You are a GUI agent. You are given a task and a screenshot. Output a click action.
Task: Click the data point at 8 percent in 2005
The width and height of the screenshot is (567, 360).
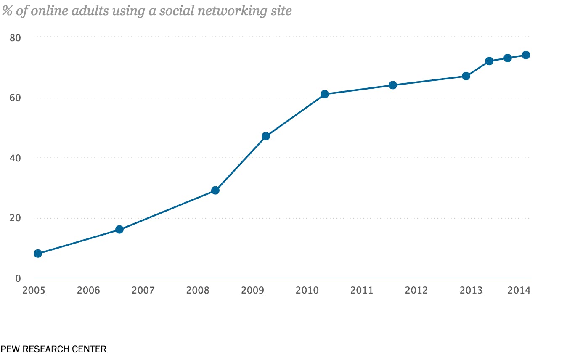click(x=38, y=253)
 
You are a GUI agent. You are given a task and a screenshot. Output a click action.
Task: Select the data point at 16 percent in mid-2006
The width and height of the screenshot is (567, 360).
click(x=119, y=229)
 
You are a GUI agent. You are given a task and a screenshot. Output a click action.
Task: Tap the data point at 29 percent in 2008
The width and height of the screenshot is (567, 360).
click(x=215, y=190)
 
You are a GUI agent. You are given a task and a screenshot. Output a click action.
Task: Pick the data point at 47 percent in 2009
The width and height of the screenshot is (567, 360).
click(x=266, y=136)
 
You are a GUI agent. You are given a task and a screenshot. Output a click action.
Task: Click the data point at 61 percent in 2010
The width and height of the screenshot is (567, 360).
click(x=325, y=94)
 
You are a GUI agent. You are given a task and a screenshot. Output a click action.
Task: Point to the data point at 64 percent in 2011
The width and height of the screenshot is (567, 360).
click(x=393, y=85)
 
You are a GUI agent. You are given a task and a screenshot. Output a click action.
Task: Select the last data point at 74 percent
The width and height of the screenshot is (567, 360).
click(x=526, y=55)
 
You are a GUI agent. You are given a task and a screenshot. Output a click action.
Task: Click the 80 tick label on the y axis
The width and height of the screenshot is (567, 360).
click(x=15, y=37)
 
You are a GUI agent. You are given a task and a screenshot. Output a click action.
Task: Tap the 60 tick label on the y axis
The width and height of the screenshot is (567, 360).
click(x=15, y=98)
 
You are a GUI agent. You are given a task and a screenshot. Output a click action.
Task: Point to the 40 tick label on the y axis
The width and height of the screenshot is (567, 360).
click(x=15, y=158)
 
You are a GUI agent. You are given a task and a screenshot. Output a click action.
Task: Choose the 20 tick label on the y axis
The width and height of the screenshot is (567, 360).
click(x=15, y=218)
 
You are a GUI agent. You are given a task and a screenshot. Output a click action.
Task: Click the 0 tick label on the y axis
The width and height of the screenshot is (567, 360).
click(x=18, y=278)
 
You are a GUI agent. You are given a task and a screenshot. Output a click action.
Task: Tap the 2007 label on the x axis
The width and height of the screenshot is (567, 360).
click(x=143, y=290)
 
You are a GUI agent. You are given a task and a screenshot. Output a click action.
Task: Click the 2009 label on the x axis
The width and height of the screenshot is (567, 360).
click(x=252, y=290)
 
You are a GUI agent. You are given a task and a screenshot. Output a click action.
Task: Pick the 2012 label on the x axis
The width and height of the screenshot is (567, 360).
click(x=416, y=290)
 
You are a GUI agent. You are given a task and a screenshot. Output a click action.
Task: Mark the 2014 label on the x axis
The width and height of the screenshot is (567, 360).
click(x=519, y=290)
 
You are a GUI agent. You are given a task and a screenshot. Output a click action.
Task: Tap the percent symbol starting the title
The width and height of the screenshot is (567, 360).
click(x=6, y=11)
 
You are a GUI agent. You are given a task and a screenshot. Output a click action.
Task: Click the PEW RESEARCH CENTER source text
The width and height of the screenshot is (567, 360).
click(x=53, y=349)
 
